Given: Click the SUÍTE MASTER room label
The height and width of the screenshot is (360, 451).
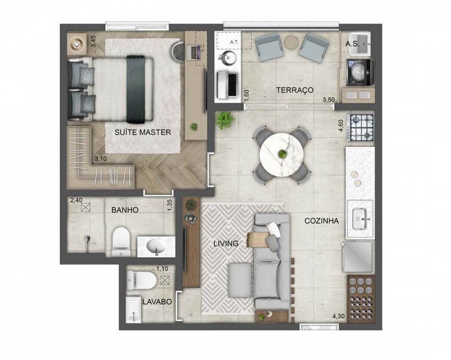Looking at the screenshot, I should pyautogui.click(x=142, y=132).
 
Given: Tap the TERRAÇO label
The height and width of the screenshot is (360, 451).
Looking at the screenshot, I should pyautogui.click(x=295, y=90).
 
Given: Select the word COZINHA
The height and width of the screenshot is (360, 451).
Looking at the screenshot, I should pyautogui.click(x=322, y=221).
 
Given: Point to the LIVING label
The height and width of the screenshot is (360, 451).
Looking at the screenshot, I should pyautogui.click(x=225, y=243).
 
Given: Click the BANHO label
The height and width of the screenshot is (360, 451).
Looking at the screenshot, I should pyautogui.click(x=125, y=210).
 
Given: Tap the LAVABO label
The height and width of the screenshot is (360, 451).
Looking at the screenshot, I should pyautogui.click(x=157, y=302).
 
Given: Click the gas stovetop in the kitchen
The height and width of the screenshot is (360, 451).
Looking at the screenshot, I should pyautogui.click(x=361, y=127).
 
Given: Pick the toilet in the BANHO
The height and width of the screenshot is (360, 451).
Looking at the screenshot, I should pyautogui.click(x=120, y=241).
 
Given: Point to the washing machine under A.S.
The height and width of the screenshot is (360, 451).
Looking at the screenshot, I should pyautogui.click(x=359, y=72).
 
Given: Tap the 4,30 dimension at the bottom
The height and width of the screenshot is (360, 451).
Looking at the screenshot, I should pyautogui.click(x=338, y=316).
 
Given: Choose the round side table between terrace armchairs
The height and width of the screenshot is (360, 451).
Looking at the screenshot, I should pyautogui.click(x=291, y=42).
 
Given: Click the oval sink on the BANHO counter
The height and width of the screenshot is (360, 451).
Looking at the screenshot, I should pyautogui.click(x=156, y=245).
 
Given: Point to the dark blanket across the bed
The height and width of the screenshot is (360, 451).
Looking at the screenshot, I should pyautogui.click(x=137, y=89).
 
